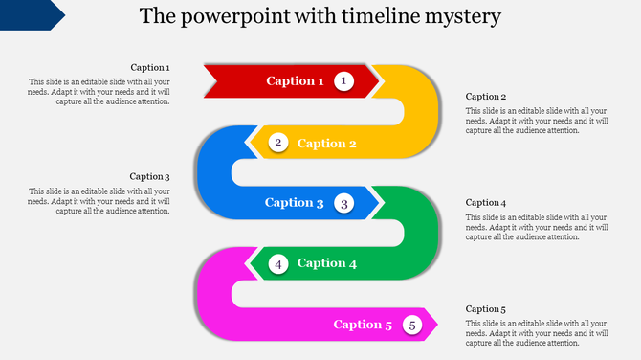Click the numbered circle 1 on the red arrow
pos(344,81)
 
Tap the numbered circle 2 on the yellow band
pos(278,143)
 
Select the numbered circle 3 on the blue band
pos(344,203)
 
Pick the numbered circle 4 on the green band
pos(278,263)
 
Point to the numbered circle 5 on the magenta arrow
pos(412,326)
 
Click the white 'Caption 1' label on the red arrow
pos(296,81)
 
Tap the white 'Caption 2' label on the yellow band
pos(327,144)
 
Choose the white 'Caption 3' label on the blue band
pos(295,203)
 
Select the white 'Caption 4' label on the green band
pos(327,263)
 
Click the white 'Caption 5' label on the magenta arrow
pos(363,326)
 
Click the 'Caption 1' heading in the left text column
pos(150,68)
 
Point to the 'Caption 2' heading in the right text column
pos(486,97)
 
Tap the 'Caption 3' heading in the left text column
pos(150,177)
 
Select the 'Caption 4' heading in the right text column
pos(486,203)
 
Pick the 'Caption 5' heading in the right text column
pos(486,309)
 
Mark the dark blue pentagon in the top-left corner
pos(29,13)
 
